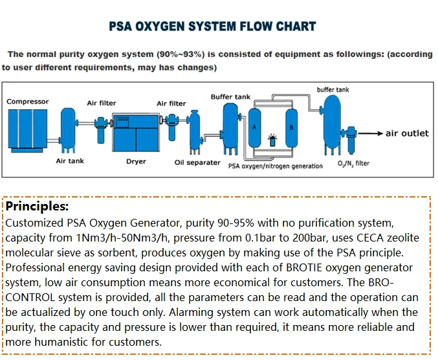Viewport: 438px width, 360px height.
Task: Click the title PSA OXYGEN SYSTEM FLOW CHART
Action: point(212,27)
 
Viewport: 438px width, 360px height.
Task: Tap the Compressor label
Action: point(27,102)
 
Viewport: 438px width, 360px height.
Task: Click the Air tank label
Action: point(70,161)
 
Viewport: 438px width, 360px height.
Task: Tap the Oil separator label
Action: point(197,163)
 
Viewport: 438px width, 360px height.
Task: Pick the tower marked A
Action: point(255,127)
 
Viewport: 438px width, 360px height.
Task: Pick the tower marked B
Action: point(291,127)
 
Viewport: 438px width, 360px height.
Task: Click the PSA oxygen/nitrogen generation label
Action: point(276,166)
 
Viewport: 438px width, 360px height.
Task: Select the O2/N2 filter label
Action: point(353,163)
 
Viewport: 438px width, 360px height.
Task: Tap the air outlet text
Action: point(407,133)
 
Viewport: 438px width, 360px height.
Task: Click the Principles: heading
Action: point(37,207)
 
